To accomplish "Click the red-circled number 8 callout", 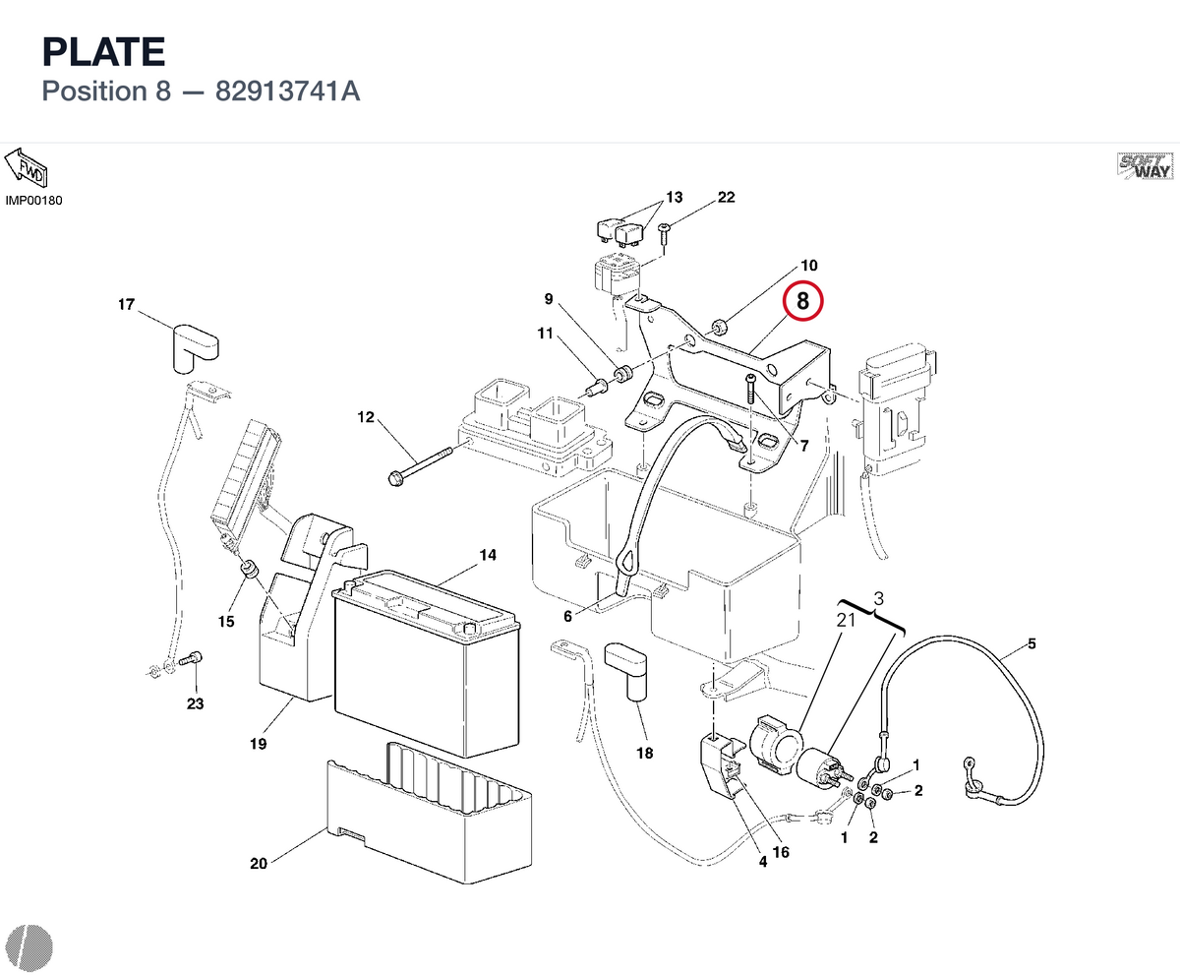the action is tap(802, 301).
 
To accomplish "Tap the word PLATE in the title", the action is tap(104, 52).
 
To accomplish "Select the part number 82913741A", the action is tap(287, 91).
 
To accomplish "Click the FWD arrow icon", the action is tap(26, 168).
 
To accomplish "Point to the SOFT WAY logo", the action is tap(1145, 166).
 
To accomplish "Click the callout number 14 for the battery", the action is tap(488, 555).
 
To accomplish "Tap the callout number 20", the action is tap(259, 864).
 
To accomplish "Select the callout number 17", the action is tap(126, 304).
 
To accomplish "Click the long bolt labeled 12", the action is tap(420, 466).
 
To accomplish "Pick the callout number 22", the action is tap(727, 197).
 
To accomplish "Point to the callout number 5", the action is tap(1032, 643).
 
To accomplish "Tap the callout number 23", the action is tap(195, 703).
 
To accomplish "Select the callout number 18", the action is tap(644, 753).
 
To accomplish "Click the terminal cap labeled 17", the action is tap(195, 348).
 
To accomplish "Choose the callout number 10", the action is tap(808, 266).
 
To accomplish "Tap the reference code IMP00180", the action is tap(33, 200).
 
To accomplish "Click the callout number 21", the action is tap(846, 621).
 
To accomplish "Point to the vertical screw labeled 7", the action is tap(751, 389).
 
